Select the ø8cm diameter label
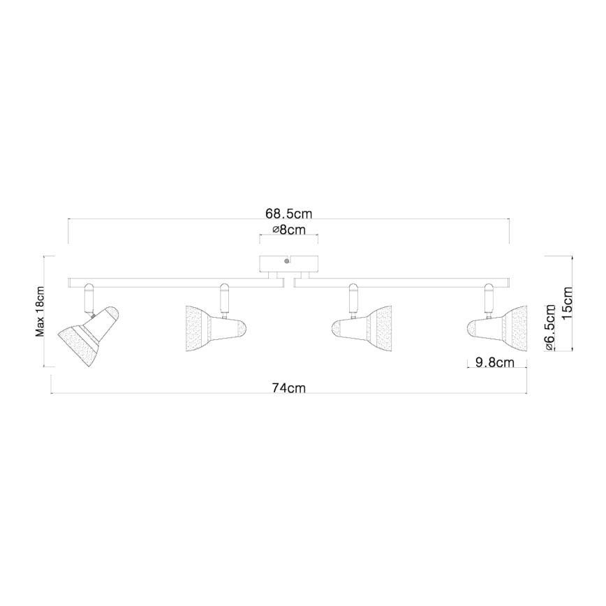288,230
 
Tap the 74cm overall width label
289,389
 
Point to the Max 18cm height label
40,311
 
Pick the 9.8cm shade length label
494,362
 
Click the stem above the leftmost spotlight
88,298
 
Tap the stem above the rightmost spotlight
489,298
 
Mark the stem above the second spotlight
224,298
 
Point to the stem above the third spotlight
354,298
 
